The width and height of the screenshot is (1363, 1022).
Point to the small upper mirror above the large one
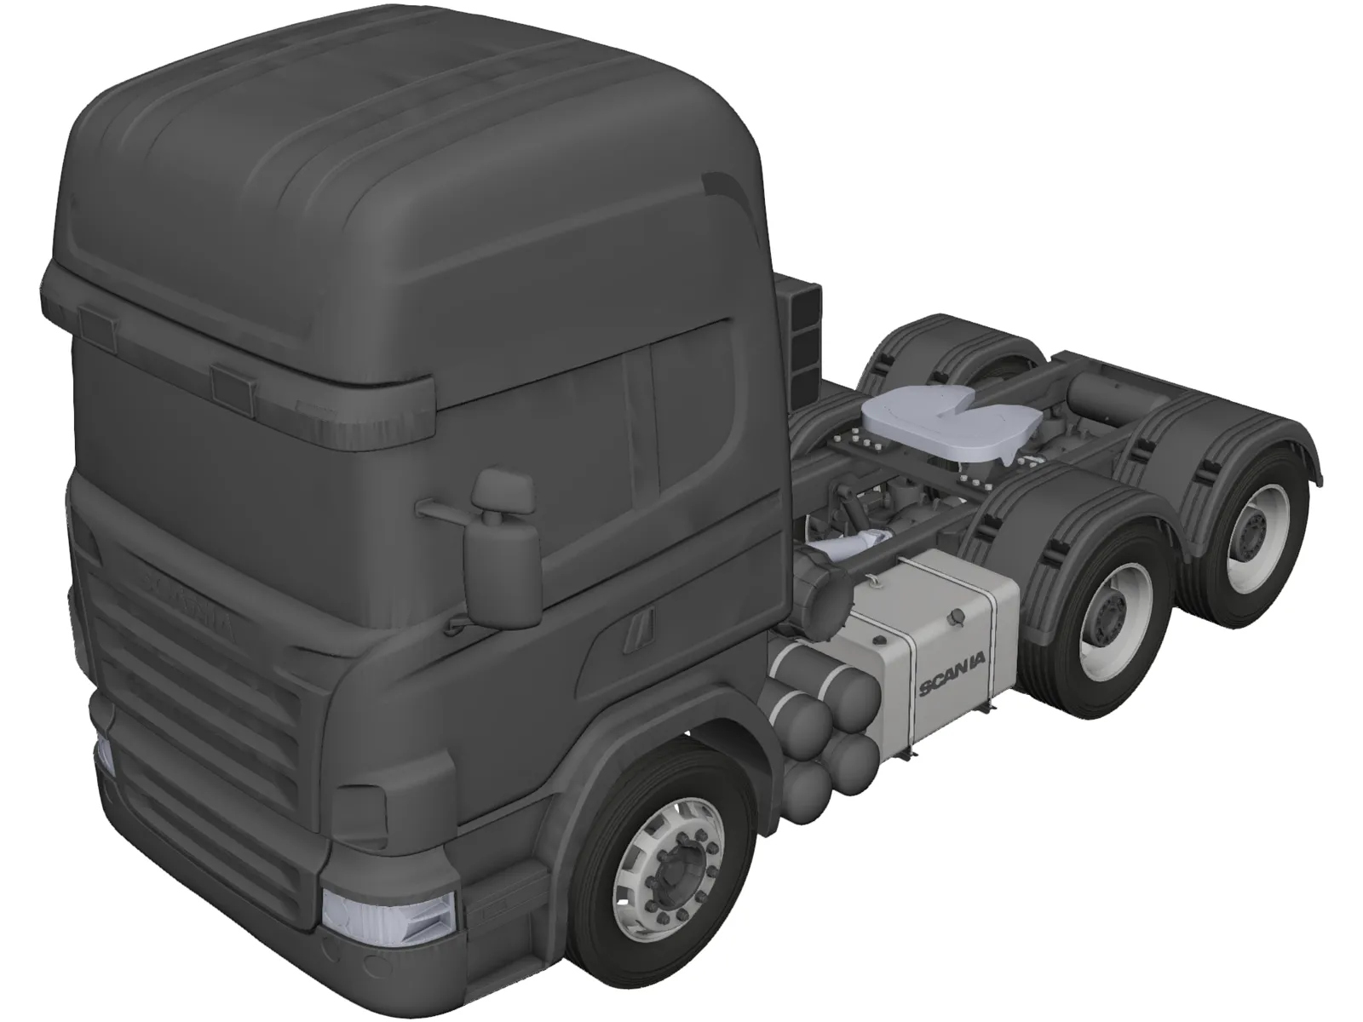tap(503, 491)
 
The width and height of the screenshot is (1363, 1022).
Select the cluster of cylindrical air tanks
tap(822, 707)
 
